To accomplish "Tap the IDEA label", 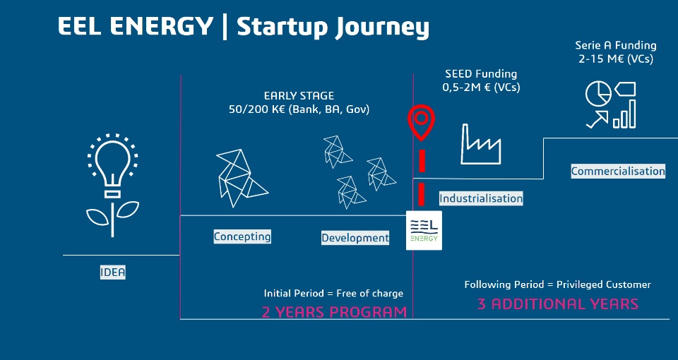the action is (113, 272).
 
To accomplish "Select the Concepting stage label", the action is (242, 236).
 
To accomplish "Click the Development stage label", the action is (355, 238).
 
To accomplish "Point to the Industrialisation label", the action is (481, 198).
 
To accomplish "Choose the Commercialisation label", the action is (618, 171).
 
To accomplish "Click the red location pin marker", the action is (421, 122).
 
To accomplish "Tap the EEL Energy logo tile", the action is (424, 230).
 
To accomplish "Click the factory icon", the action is (480, 144).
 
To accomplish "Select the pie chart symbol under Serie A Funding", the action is (598, 94).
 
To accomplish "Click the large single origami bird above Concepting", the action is (241, 178).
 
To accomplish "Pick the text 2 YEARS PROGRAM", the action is (334, 311).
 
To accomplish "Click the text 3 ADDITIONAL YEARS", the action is (558, 304).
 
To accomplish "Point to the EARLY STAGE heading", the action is (299, 95).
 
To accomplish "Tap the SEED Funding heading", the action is (481, 74).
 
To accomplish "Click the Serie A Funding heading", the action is (616, 45).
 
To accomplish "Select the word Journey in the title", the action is (383, 28).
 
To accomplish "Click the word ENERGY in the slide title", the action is (161, 26).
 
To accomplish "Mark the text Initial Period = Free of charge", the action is (333, 294).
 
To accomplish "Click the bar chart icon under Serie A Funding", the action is (624, 114).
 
